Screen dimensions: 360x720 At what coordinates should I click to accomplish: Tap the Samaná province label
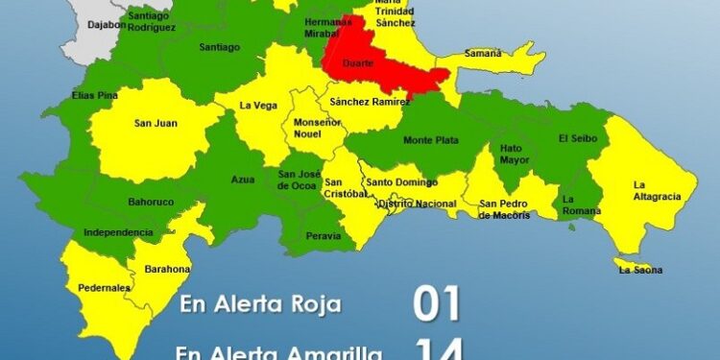point(483,54)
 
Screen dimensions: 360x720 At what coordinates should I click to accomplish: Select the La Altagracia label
point(657,190)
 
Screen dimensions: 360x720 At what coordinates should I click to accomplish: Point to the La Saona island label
point(639,270)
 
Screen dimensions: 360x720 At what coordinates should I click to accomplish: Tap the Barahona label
point(167,269)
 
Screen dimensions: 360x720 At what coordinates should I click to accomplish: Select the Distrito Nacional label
point(417,204)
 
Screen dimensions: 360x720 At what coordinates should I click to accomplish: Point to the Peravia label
point(323,235)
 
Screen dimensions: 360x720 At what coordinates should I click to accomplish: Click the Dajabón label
point(108,24)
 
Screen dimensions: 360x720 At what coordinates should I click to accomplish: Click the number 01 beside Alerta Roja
point(437,304)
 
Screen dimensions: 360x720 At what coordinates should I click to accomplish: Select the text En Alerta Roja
point(261,306)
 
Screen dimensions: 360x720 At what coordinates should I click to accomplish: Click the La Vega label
point(258,105)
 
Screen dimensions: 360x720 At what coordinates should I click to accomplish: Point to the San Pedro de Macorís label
point(505,209)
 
